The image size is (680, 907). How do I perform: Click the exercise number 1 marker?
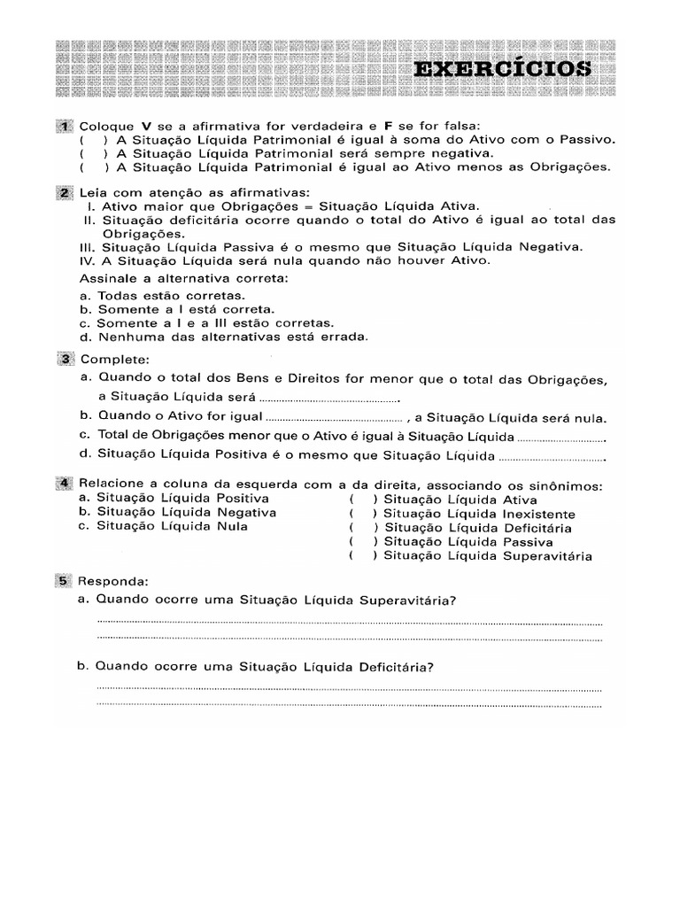pos(66,126)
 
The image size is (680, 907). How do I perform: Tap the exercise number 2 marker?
pos(66,192)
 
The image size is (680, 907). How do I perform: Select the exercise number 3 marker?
pos(66,360)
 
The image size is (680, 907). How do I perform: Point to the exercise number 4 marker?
pos(66,485)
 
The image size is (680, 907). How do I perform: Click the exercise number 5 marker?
pos(66,581)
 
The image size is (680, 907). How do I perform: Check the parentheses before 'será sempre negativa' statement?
pos(93,153)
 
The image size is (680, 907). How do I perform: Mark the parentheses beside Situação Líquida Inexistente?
pos(363,514)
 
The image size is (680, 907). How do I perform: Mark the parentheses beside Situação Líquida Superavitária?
pos(363,556)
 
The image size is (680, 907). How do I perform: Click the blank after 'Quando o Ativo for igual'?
pos(335,417)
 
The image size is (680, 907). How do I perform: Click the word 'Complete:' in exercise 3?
pos(116,360)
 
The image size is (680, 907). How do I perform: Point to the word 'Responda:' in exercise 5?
pos(115,581)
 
